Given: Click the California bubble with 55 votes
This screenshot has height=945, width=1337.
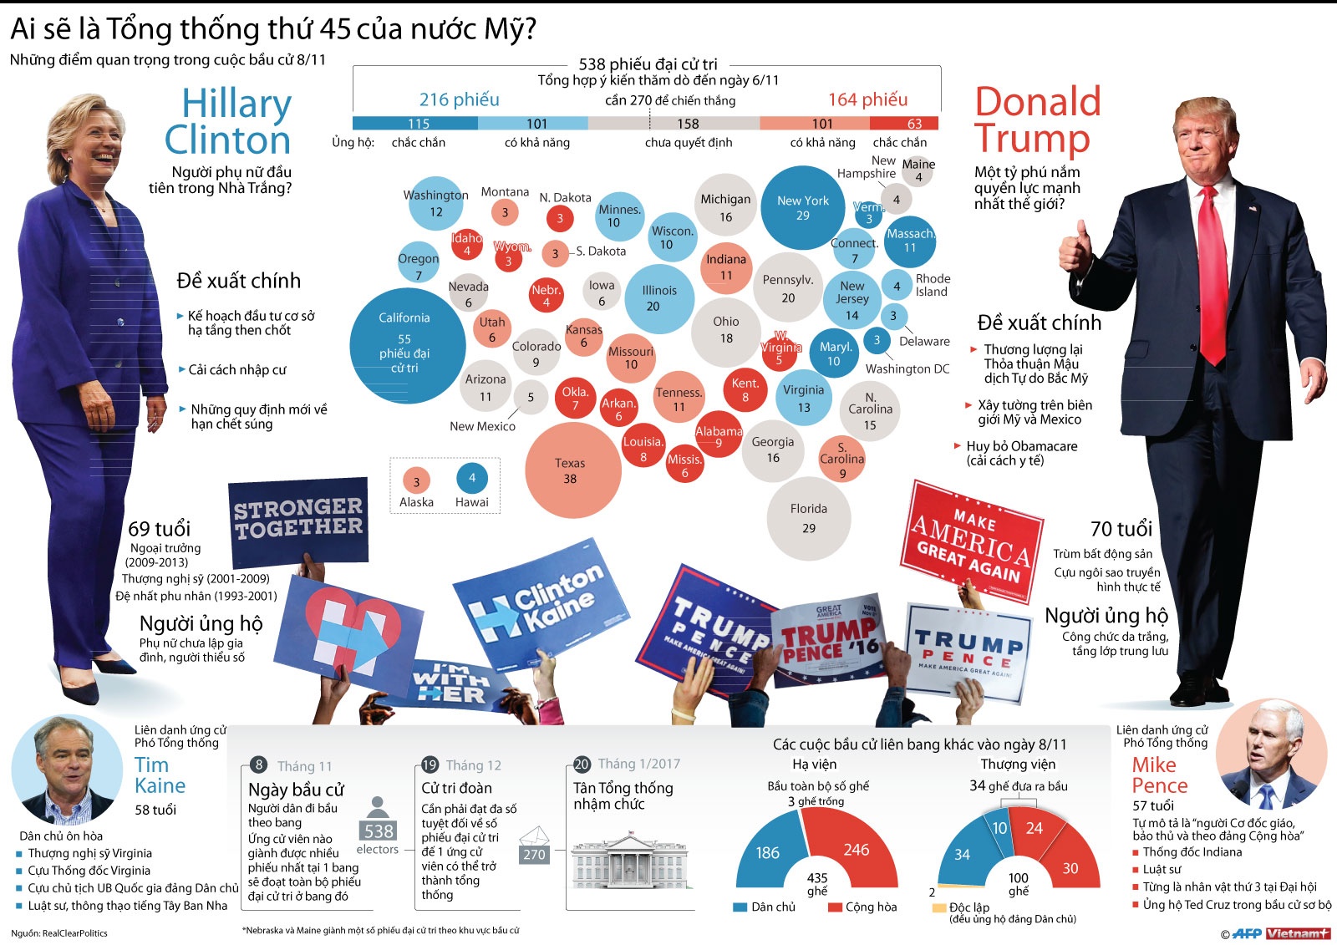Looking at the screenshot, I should point(406,345).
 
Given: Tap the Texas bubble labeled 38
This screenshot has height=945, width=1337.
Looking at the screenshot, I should point(572,470).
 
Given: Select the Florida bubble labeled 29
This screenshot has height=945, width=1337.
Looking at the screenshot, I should point(808,518).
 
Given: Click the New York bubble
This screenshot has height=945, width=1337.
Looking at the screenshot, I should point(802,207).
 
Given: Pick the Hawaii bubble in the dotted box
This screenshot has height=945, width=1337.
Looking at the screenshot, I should point(472,478).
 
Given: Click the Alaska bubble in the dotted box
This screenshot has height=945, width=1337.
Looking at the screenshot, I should point(416,480).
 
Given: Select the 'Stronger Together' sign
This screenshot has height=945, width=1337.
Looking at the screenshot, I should point(298,518).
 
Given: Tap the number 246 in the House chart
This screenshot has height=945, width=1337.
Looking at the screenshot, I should point(856,850).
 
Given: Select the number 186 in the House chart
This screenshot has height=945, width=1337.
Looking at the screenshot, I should point(767,853).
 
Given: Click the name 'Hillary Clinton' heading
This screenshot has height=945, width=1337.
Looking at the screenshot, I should point(227,121).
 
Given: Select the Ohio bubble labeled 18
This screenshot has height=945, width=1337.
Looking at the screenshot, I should point(725,330).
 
